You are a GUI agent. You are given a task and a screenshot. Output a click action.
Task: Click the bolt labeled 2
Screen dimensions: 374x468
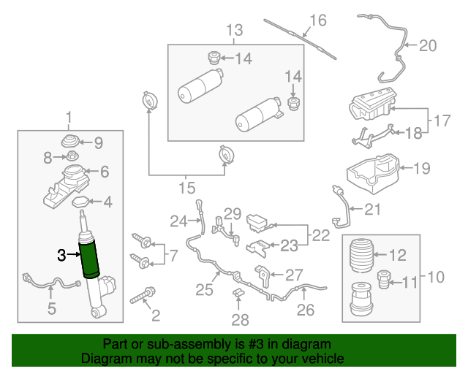[x=143, y=297]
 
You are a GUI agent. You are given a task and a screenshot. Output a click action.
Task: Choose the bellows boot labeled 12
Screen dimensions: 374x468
[x=363, y=255]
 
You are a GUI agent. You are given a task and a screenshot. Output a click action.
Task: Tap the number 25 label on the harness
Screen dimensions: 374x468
[x=204, y=290]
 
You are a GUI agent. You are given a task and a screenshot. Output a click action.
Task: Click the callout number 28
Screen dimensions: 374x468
[x=240, y=319]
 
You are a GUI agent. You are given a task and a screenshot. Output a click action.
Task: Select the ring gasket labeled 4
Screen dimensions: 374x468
[x=81, y=202]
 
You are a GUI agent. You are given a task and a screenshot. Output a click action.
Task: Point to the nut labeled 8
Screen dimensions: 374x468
[x=72, y=156]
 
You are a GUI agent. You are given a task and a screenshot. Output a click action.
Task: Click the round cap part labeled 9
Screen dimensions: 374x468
[x=72, y=140]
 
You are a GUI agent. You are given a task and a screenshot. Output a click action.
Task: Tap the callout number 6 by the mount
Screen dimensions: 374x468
[x=104, y=172]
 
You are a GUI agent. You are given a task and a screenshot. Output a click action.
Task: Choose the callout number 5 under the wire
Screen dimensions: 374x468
[x=51, y=310]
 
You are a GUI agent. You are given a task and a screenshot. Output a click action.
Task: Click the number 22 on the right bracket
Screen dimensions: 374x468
[x=320, y=235]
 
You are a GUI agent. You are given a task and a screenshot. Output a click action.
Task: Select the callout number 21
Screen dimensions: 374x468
[x=372, y=210]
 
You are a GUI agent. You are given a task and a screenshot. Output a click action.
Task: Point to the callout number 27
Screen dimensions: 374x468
[x=293, y=275]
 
